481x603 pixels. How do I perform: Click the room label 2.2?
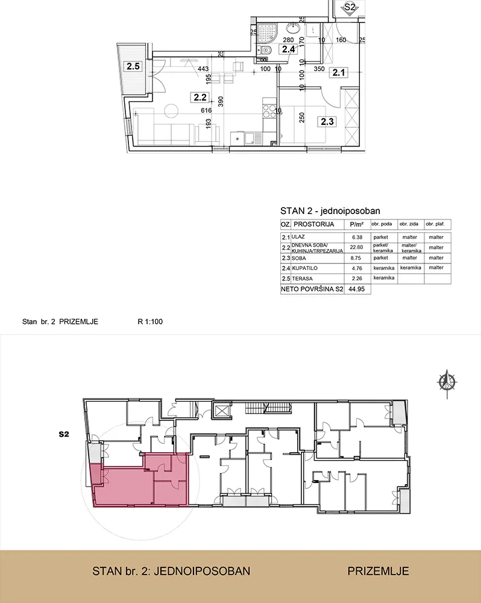coord(200,98)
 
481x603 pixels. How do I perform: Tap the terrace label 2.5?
coord(133,66)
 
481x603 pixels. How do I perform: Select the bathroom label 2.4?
coord(288,49)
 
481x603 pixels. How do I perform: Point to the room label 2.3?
coord(327,122)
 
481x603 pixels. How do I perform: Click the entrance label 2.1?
coord(338,72)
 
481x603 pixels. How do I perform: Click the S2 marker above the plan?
coord(349,8)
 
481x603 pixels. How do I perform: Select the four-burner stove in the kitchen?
coord(269,111)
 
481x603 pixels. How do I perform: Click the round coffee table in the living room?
coord(171,111)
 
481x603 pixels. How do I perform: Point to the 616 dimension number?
coord(206,110)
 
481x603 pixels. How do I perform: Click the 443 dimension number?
coord(203,69)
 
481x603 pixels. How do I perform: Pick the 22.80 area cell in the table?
coord(356,248)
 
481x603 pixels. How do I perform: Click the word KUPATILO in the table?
coord(304,268)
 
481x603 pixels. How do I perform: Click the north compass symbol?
coord(447,382)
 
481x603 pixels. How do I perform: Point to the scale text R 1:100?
coord(150,321)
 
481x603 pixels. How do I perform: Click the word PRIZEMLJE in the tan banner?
coord(379,571)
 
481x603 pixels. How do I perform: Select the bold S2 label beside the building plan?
coord(64,434)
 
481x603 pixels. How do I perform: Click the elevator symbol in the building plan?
coord(222,411)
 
